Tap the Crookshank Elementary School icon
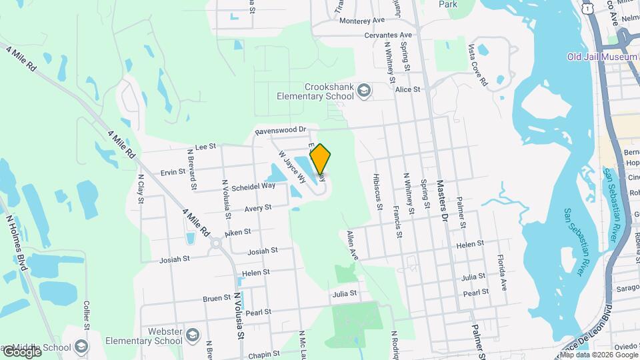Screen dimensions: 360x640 pyautogui.click(x=364, y=90)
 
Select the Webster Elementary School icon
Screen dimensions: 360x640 pyautogui.click(x=193, y=334)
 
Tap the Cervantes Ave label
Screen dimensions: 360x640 pyautogui.click(x=388, y=35)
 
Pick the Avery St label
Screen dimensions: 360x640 pyautogui.click(x=257, y=208)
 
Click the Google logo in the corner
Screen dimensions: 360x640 pyautogui.click(x=21, y=351)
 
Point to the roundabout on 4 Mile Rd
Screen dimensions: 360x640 pyautogui.click(x=216, y=245)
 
